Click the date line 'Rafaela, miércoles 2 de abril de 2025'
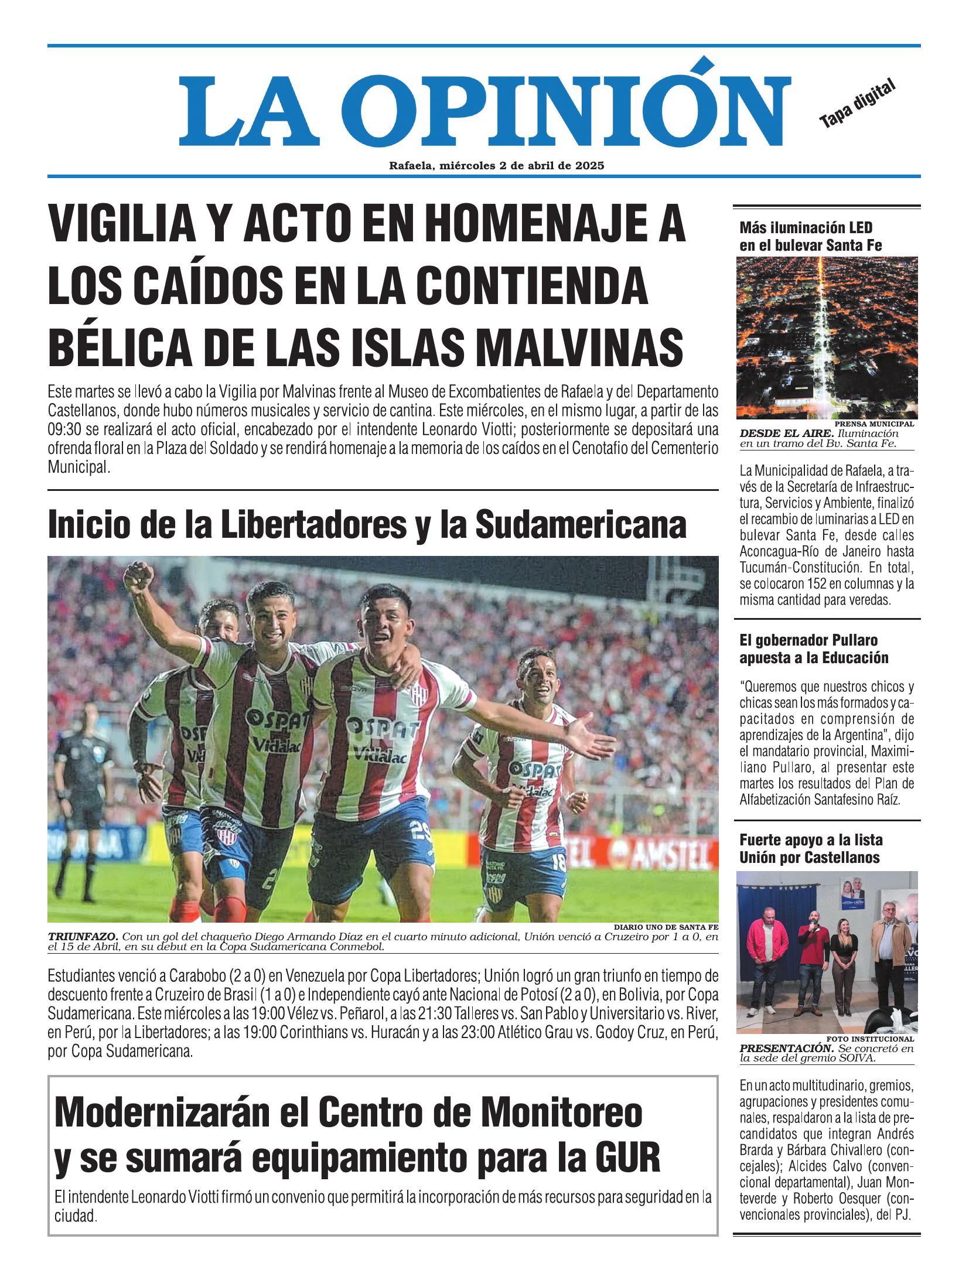pos(496,166)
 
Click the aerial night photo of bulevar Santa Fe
pos(827,337)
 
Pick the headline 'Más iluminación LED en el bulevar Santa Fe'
pos(810,236)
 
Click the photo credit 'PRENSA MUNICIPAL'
pos(875,423)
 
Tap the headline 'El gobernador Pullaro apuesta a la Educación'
pos(814,648)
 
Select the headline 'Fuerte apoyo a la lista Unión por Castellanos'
pos(810,849)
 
